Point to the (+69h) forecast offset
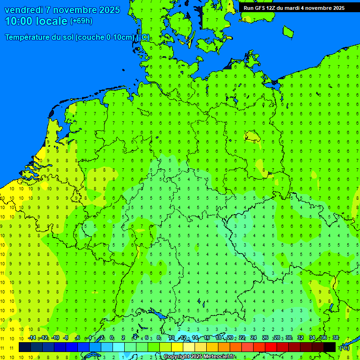point(81,21)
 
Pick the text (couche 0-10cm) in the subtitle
point(105,37)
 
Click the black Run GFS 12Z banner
point(294,7)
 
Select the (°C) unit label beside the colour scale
point(344,348)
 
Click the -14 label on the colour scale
point(32,337)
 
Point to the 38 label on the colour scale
point(336,337)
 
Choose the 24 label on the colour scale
point(254,337)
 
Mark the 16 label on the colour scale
point(207,337)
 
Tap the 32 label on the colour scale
point(300,337)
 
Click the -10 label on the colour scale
point(55,337)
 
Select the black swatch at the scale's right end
point(330,347)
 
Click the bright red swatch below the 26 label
point(271,347)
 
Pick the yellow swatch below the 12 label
point(177,347)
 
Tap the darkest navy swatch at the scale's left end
point(25,347)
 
